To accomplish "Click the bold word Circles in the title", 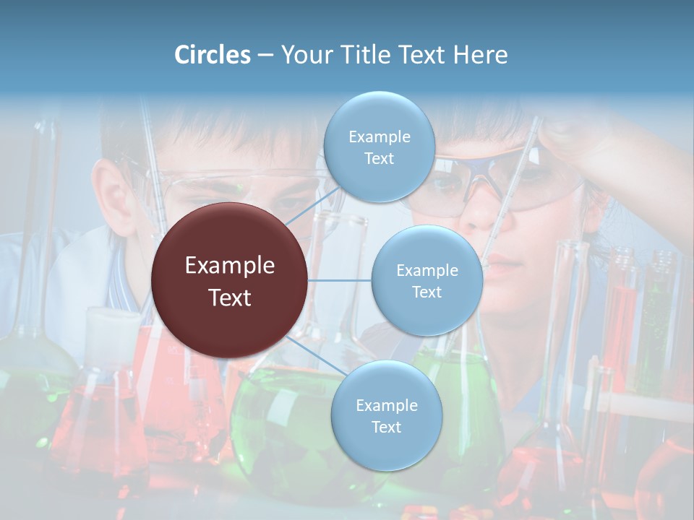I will (213, 55).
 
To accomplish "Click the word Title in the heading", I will (363, 55).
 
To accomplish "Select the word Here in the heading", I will (480, 55).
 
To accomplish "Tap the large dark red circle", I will (230, 280).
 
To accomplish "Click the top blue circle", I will (379, 147).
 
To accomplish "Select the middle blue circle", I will (427, 280).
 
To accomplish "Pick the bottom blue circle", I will (386, 416).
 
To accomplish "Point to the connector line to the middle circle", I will (340, 280).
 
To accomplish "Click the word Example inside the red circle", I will (230, 265).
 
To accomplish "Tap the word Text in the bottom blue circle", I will (386, 427).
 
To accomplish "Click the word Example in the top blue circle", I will (379, 136).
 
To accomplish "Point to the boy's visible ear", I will (110, 195).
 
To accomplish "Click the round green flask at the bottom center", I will (282, 426).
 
